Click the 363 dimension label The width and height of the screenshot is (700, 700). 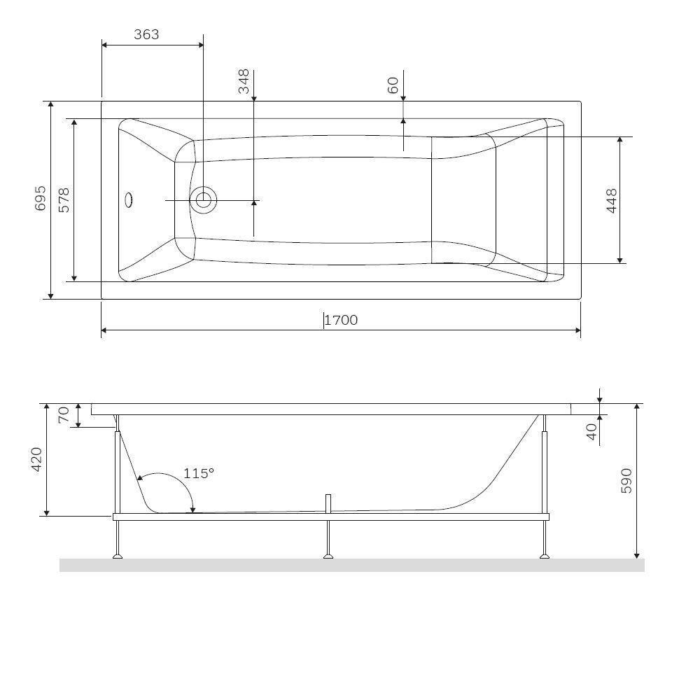[146, 34]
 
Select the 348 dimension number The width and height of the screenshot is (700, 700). [244, 81]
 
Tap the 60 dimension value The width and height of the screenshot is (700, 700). [393, 85]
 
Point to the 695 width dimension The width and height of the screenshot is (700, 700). [40, 198]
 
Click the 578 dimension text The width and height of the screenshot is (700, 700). [64, 200]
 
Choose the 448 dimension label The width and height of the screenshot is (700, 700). [612, 201]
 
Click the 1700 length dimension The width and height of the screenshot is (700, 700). [341, 320]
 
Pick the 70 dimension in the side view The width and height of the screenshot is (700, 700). [64, 414]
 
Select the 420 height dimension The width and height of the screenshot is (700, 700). [36, 459]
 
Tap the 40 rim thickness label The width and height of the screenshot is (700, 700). [591, 432]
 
